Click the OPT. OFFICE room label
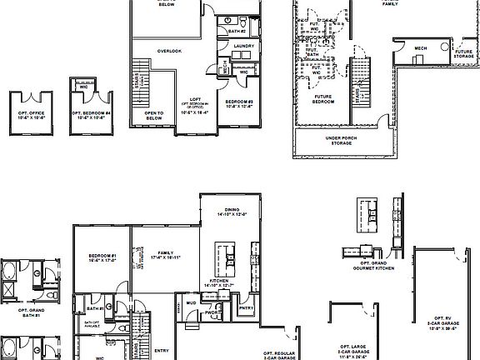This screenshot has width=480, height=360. (x=31, y=113)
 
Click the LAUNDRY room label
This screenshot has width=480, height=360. (x=243, y=47)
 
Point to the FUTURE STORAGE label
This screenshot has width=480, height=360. (x=463, y=53)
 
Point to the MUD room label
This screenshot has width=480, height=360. (x=191, y=302)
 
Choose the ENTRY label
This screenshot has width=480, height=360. (x=162, y=350)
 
